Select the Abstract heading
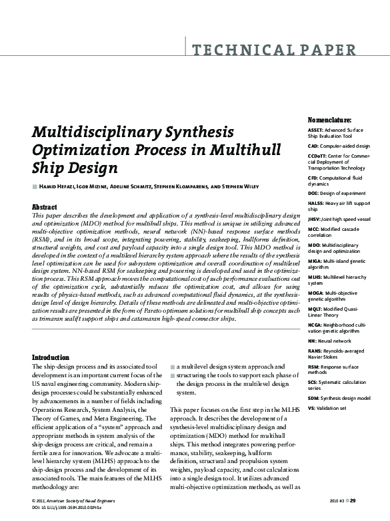coord(44,208)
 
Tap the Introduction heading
coord(51,357)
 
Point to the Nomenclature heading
coord(311,119)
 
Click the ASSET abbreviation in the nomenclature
coord(297,130)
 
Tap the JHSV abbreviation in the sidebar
coord(295,218)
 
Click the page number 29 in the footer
coord(353,500)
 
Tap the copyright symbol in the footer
coord(34,500)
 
